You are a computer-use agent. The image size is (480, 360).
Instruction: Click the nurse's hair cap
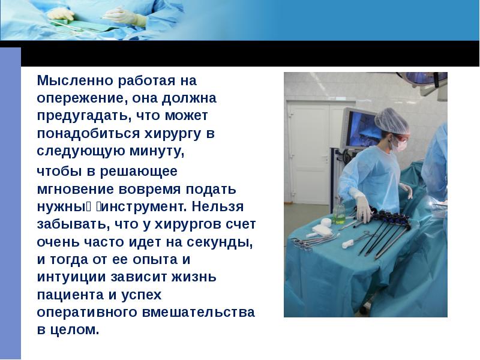pos(390,119)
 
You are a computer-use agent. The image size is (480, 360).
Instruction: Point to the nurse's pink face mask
pos(399,145)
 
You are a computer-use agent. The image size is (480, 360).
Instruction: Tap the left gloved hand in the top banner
pos(61,13)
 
